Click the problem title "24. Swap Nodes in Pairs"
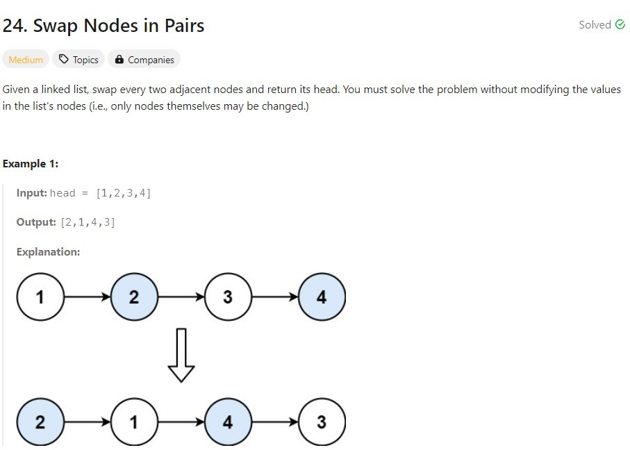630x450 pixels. point(103,26)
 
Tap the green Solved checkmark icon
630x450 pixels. point(620,25)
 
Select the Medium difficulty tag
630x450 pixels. point(26,60)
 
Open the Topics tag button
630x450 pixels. point(78,60)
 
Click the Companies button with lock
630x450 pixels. point(144,60)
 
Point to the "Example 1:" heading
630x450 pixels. point(31,164)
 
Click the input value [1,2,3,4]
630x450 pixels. point(123,193)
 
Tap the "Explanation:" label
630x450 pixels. point(48,252)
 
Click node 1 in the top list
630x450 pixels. point(40,297)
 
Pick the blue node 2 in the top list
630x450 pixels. point(134,297)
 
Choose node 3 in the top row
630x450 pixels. point(228,297)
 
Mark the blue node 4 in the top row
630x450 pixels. point(321,297)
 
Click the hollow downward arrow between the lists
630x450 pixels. point(181,355)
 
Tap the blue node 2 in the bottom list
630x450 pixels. point(40,422)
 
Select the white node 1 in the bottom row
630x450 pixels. point(134,422)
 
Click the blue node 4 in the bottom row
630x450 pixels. point(228,422)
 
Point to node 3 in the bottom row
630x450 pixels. point(321,422)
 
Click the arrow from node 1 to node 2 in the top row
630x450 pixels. point(87,297)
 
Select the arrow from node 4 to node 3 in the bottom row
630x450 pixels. point(274,422)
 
